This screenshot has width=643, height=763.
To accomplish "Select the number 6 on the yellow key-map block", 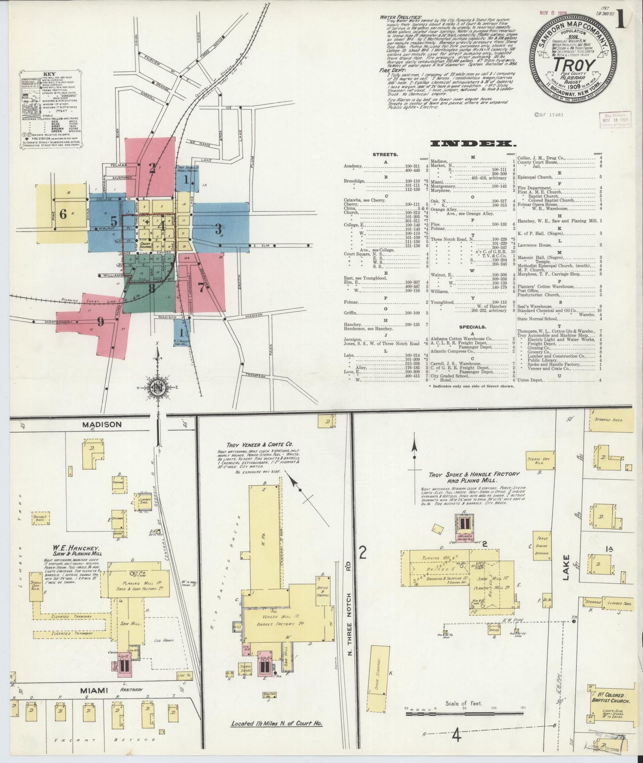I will coord(63,215).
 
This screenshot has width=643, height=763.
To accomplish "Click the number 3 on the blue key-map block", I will coord(218,229).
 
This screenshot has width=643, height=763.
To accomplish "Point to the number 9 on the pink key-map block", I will coord(101,321).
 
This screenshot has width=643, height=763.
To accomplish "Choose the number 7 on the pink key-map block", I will coord(201,287).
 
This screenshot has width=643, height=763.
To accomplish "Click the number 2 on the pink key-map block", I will coord(152,168).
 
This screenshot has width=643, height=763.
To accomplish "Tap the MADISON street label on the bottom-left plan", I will coord(101,425).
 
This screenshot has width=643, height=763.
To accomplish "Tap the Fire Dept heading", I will coord(390,70).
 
